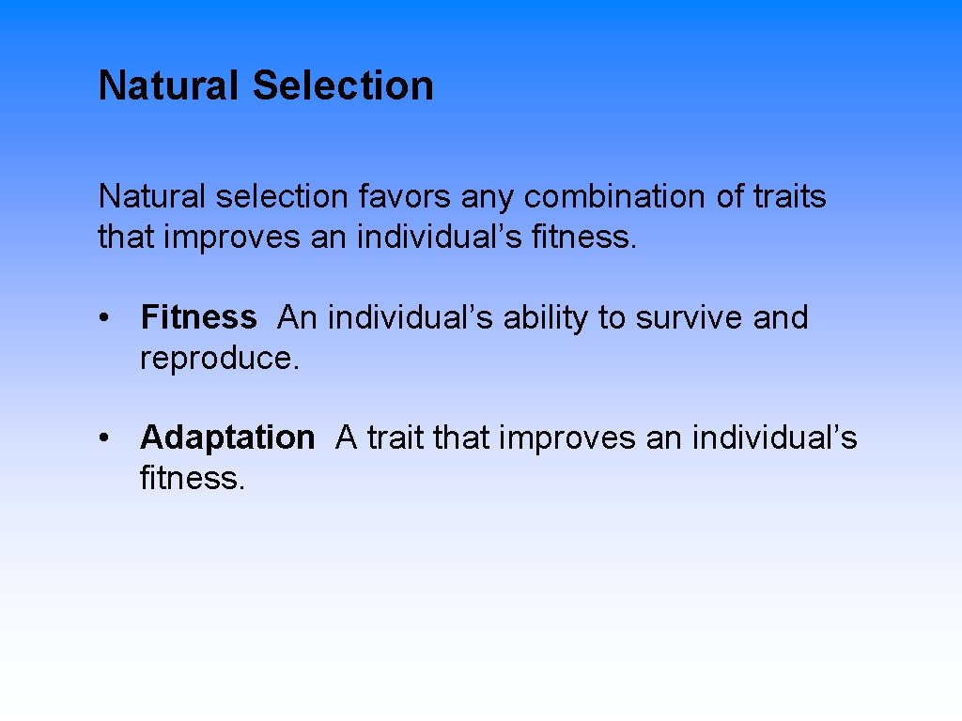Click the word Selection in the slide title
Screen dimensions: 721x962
tap(343, 85)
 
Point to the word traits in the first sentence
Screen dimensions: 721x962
tap(790, 197)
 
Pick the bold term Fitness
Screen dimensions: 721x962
tap(198, 318)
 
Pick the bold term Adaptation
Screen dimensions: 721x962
tap(227, 437)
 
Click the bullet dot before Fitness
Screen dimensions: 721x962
tap(109, 319)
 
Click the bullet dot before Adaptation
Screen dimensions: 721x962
tap(109, 438)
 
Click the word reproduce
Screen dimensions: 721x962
tap(218, 359)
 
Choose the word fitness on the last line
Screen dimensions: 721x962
tap(192, 478)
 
